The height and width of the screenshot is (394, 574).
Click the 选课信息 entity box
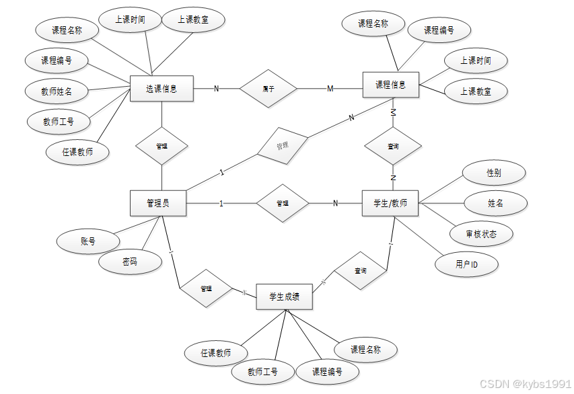[x=162, y=88]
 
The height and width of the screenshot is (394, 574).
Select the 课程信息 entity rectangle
[x=390, y=85]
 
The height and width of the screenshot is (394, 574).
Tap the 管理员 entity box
[x=157, y=203]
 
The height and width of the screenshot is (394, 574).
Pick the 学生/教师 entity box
[x=390, y=203]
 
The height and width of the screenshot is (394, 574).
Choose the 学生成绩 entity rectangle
[x=284, y=296]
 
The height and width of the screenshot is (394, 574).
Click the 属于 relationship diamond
[x=268, y=88]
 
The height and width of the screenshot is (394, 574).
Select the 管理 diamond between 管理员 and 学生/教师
[x=283, y=203]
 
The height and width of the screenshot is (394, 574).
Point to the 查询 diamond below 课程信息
[x=394, y=146]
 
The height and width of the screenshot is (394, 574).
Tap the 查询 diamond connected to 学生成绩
[x=361, y=270]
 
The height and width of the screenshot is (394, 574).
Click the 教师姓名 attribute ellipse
[x=57, y=91]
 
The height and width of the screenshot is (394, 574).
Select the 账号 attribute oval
[x=87, y=241]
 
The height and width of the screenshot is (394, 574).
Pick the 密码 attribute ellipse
[x=130, y=262]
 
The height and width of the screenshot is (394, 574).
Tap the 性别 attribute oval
[x=494, y=172]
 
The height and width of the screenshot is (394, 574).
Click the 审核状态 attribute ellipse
[x=481, y=234]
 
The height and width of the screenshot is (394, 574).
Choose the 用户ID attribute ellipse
[x=466, y=264]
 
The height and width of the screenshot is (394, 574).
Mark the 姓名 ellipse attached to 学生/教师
[x=496, y=202]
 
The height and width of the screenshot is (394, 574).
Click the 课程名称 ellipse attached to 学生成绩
[x=365, y=350]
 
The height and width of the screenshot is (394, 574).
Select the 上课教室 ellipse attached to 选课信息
[x=193, y=20]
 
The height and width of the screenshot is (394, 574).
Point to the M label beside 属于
[x=330, y=89]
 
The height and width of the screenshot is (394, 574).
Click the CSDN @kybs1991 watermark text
[x=525, y=383]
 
